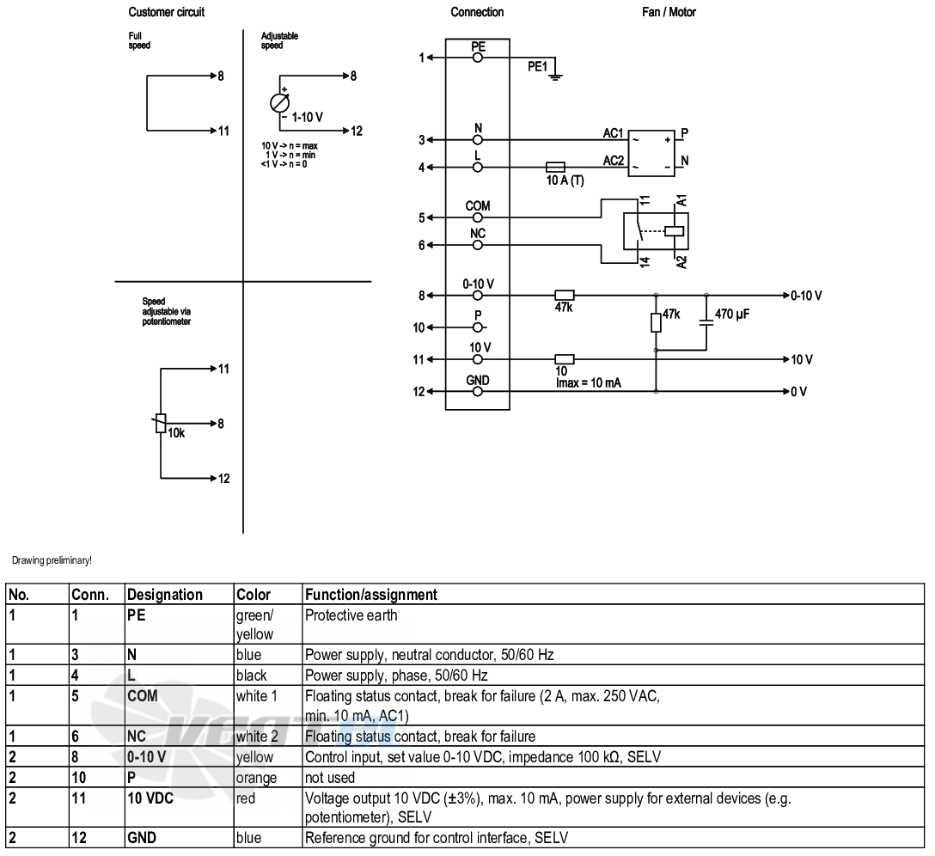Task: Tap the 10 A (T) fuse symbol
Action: (555, 167)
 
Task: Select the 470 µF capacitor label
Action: (732, 314)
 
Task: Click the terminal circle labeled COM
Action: (478, 217)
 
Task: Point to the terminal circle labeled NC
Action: (478, 245)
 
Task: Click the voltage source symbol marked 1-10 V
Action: (279, 103)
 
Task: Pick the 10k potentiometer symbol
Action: (161, 423)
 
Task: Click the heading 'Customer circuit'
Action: (167, 12)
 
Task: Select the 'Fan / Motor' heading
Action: (669, 12)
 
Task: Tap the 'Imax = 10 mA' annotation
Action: (589, 383)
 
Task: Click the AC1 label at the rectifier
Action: (613, 133)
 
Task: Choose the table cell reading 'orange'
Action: (256, 778)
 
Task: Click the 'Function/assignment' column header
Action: (371, 595)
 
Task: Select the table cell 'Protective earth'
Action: (351, 615)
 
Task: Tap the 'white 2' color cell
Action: (257, 736)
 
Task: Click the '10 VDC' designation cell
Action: (150, 798)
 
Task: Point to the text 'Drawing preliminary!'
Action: (52, 560)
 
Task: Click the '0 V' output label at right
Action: (798, 391)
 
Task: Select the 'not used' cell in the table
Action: (330, 778)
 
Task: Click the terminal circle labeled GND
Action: (478, 391)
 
